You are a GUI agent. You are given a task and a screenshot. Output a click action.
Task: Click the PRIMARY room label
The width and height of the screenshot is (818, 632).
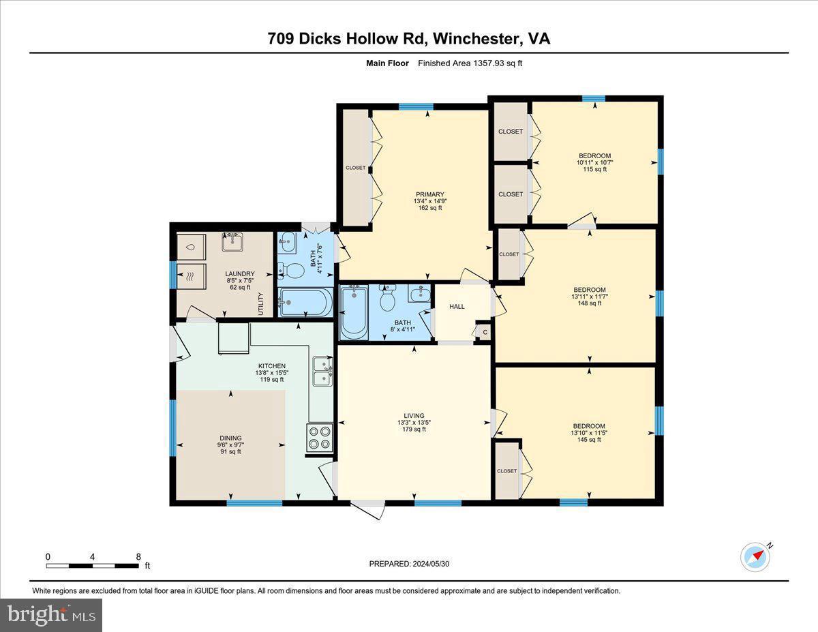(x=428, y=201)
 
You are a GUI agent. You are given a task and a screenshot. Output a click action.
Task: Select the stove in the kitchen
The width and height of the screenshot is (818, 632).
(x=320, y=438)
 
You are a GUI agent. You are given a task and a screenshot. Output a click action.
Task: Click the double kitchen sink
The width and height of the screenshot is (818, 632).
(x=322, y=371)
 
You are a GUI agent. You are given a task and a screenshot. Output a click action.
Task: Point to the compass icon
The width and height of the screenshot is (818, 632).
(x=755, y=557)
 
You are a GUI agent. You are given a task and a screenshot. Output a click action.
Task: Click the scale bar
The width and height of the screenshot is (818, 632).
(x=93, y=565)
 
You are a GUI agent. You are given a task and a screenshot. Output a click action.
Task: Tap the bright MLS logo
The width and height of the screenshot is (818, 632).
(x=51, y=615)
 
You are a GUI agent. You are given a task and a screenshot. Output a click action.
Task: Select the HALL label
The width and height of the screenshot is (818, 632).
(x=457, y=306)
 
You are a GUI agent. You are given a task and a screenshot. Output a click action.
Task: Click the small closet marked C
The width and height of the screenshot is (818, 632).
(x=485, y=332)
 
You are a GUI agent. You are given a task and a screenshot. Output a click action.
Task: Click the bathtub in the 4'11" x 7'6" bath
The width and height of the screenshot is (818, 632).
(x=306, y=302)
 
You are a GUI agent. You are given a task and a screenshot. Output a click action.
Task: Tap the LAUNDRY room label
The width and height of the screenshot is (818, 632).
(x=240, y=280)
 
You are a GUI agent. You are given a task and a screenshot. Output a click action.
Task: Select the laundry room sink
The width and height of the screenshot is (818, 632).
(x=232, y=242)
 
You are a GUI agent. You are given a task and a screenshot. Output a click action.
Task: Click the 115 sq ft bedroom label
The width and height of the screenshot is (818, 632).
(x=594, y=162)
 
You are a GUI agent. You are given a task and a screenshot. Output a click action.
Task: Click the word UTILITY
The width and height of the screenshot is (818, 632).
(x=260, y=304)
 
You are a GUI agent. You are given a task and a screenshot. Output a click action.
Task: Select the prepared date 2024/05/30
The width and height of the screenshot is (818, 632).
(x=410, y=564)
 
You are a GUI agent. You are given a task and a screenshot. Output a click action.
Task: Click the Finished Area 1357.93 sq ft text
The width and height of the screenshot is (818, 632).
(x=470, y=63)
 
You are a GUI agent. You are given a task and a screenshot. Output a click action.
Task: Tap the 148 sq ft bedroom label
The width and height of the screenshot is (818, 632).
(x=590, y=297)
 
